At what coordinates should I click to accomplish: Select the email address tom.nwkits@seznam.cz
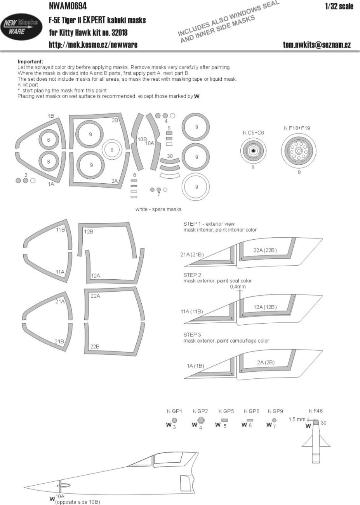click(317, 45)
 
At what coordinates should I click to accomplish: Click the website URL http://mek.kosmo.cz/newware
click(93, 45)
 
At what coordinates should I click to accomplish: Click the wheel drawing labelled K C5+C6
click(253, 151)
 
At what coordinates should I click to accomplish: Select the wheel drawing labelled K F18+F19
click(299, 151)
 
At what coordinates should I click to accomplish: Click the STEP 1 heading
click(194, 224)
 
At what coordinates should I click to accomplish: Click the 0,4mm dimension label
click(238, 287)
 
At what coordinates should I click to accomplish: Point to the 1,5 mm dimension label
click(297, 420)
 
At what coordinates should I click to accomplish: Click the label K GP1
click(174, 411)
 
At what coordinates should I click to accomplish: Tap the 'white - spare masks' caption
click(158, 209)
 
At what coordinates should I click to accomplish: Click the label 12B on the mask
click(89, 232)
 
